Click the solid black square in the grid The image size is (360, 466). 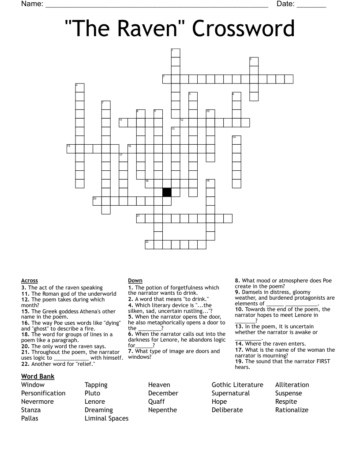tap(167, 192)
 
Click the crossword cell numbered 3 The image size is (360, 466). tap(167, 79)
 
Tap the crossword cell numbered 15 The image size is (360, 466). tap(71, 148)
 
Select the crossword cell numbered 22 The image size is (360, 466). tap(150, 244)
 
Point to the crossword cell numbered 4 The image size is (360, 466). tap(80, 88)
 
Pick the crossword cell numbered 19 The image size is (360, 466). tap(210, 184)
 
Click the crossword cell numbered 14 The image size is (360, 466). tap(236, 140)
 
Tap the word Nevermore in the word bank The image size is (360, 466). tap(37, 402)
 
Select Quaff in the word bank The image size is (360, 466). tap(157, 402)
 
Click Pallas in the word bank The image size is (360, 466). tap(30, 418)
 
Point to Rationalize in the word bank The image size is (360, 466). tap(292, 410)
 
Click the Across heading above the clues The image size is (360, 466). tap(30, 281)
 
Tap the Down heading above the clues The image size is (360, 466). tap(135, 281)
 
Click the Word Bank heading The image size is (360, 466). tap(37, 376)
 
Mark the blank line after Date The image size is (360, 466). tap(311, 7)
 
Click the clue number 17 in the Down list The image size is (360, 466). tap(239, 350)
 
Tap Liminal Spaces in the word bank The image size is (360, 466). tap(106, 418)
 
